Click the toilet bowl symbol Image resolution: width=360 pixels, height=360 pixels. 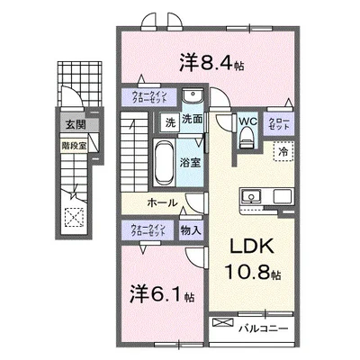coord(247,137)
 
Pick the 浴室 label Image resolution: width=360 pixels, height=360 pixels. coord(188,164)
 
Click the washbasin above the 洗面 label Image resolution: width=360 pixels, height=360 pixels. coord(191,97)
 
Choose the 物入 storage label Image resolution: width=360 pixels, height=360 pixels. coord(190,231)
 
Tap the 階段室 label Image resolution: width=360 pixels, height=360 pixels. coord(72,142)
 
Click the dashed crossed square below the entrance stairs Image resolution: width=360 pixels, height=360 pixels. coord(73,217)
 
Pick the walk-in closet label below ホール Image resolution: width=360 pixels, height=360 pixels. coord(148,231)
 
